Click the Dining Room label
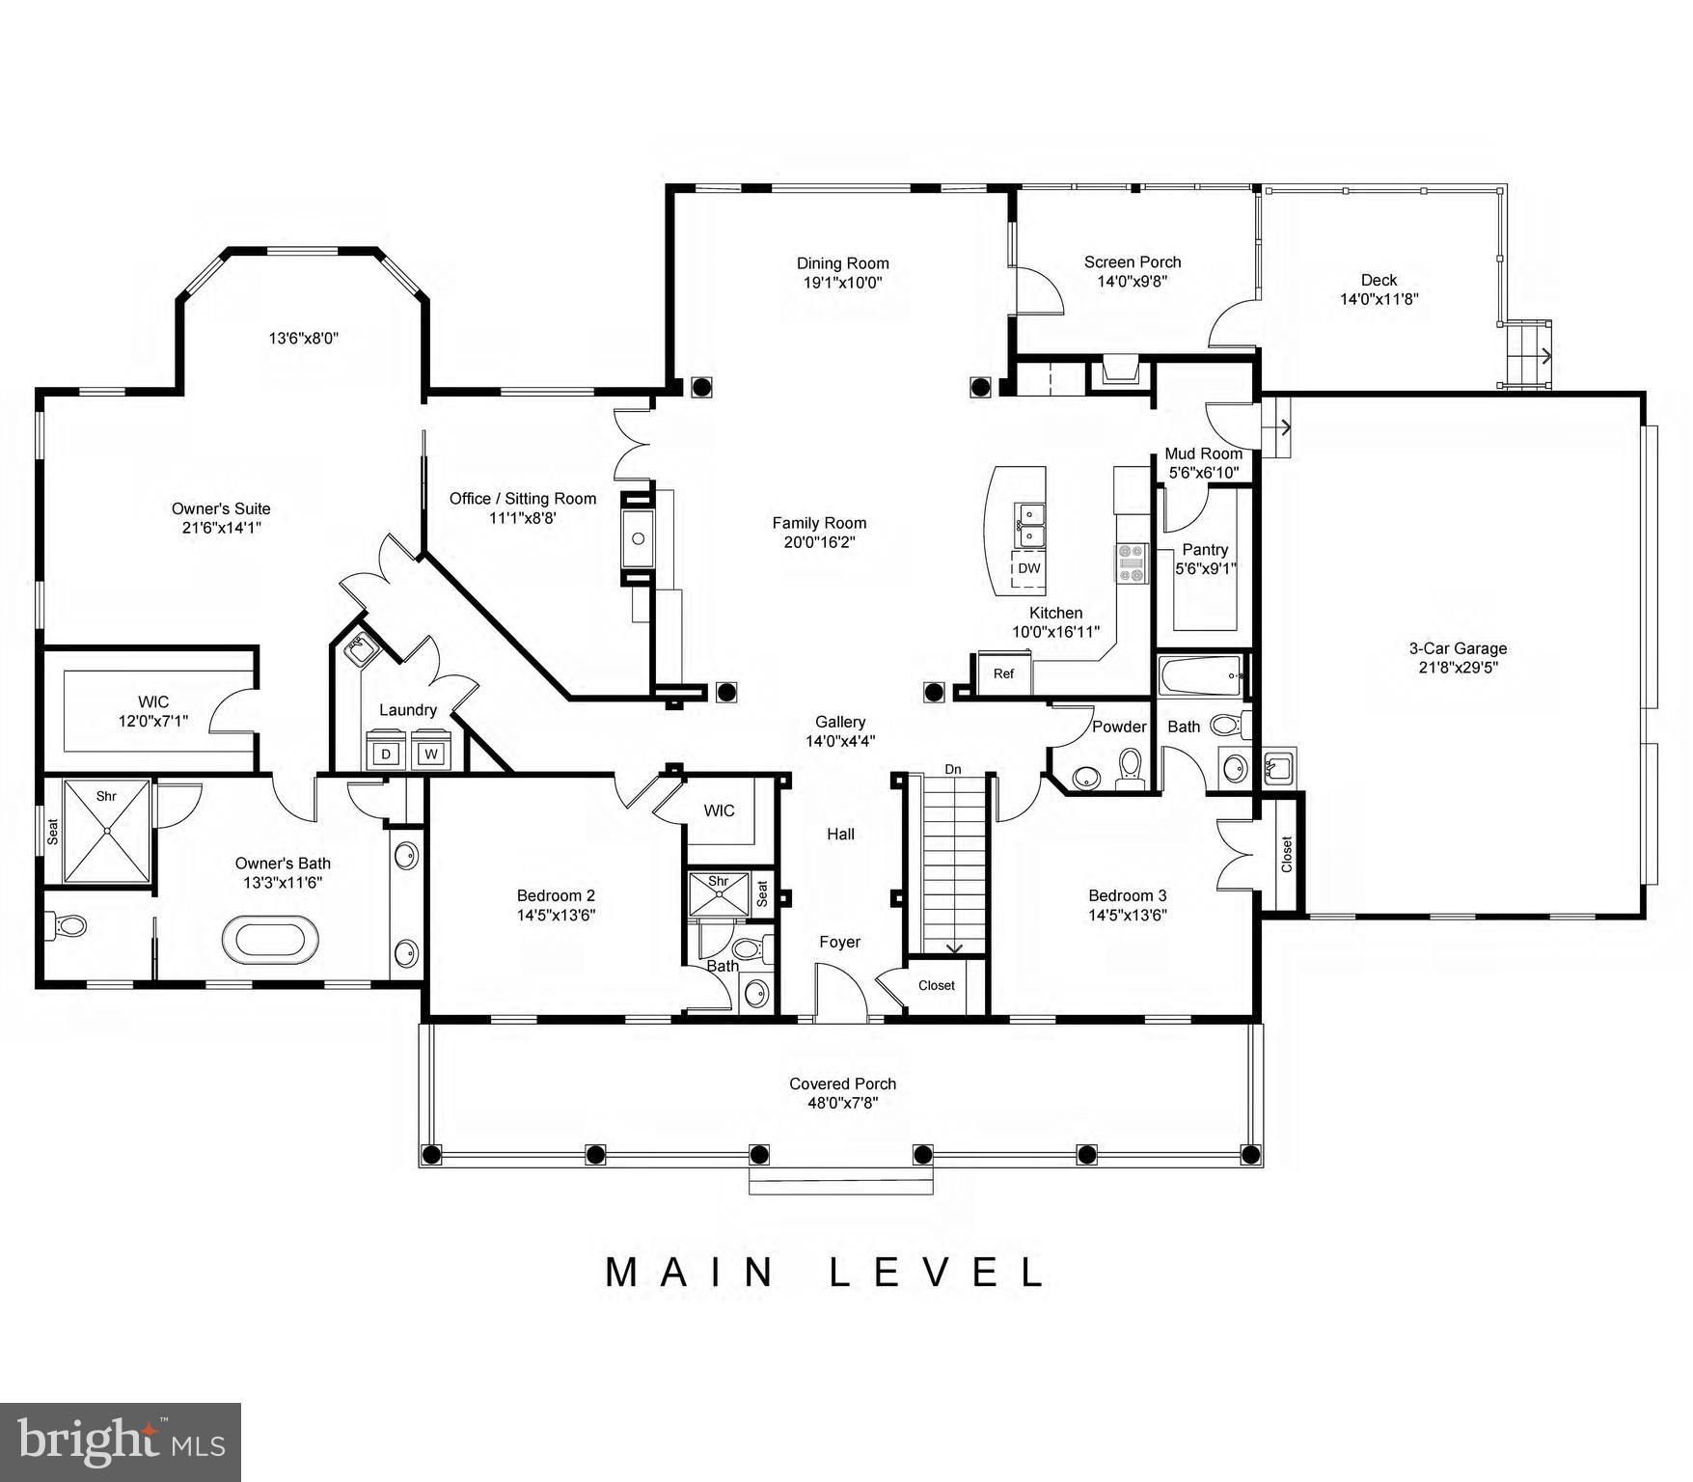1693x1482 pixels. tap(842, 263)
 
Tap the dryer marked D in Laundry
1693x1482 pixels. tap(386, 753)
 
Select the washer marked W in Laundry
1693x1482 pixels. tap(430, 753)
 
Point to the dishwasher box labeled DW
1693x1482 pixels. tap(1028, 568)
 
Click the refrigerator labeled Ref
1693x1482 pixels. tap(1003, 673)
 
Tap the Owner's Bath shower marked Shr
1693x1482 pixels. tap(107, 831)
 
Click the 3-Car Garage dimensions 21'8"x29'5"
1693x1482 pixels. tap(1458, 667)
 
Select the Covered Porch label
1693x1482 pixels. tap(842, 1084)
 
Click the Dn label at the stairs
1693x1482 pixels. tap(953, 769)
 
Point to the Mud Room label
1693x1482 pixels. tap(1203, 453)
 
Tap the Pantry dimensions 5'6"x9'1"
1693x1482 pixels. tap(1205, 568)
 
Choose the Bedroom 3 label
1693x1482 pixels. tap(1128, 895)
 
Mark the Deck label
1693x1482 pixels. tap(1379, 281)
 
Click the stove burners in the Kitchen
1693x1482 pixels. tap(1133, 563)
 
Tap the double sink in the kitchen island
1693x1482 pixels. tap(1028, 525)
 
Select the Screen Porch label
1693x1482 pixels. tap(1133, 261)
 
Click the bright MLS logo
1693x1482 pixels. tap(121, 1442)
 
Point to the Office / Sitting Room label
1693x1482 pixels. tap(523, 499)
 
